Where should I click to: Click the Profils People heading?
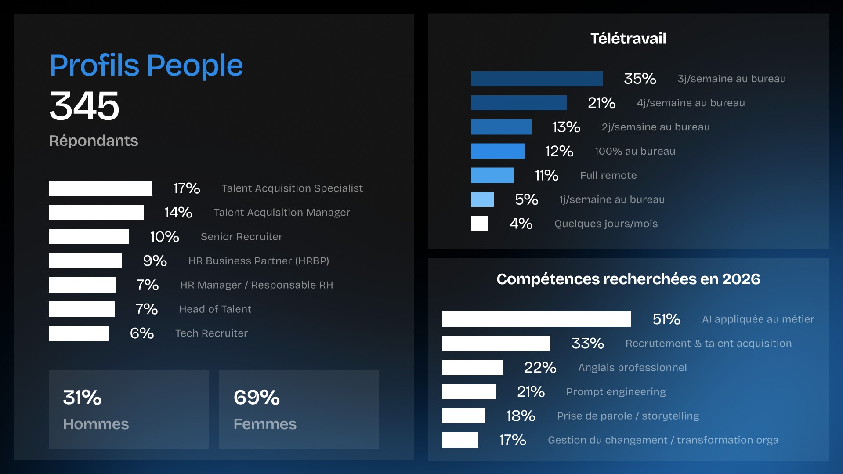point(146,65)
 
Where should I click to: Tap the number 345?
point(84,106)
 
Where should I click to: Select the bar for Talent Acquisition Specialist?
point(100,188)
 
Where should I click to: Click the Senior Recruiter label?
point(241,237)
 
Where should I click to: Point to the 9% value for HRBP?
point(155,261)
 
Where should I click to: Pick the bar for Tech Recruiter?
point(78,333)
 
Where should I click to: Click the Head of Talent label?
point(215,309)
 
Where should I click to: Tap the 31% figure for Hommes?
point(82,398)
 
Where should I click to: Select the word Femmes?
point(264,424)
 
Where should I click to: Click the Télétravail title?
point(628,39)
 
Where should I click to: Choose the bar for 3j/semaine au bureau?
point(536,79)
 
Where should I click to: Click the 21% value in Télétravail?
point(601,103)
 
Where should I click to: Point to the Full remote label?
point(608,176)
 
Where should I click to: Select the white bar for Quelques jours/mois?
point(479,224)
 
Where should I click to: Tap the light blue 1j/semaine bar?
point(482,199)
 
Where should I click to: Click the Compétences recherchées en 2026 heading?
point(628,279)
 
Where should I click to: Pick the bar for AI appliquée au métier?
point(536,319)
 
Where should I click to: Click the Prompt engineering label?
point(615,392)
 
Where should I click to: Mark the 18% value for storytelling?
point(521,416)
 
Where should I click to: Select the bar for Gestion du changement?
point(460,440)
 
